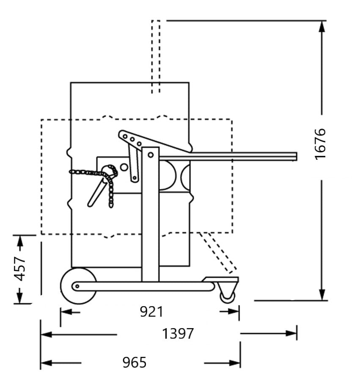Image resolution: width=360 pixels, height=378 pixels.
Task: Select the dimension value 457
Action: (20, 268)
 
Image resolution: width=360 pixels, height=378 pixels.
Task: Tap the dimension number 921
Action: (151, 312)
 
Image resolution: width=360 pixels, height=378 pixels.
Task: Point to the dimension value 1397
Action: (178, 334)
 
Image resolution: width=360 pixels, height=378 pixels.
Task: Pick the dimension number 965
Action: (134, 362)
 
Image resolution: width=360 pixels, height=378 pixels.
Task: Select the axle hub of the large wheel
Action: (77, 286)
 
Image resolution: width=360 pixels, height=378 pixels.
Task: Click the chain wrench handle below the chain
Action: (97, 193)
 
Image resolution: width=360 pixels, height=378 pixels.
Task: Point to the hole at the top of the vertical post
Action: (150, 154)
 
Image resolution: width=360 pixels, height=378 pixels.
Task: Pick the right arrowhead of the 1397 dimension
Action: (291, 333)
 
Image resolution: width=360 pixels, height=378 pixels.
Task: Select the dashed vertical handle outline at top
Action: (156, 55)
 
